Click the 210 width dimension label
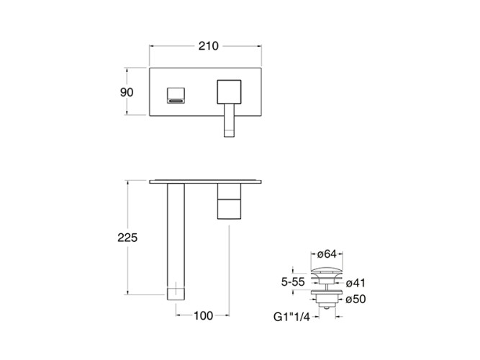208,46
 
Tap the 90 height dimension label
127,92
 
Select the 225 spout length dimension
127,238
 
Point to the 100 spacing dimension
203,315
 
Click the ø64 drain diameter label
327,253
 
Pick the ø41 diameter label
356,283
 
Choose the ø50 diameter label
356,299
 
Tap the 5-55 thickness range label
293,282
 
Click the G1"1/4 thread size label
291,317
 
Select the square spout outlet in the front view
176,95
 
